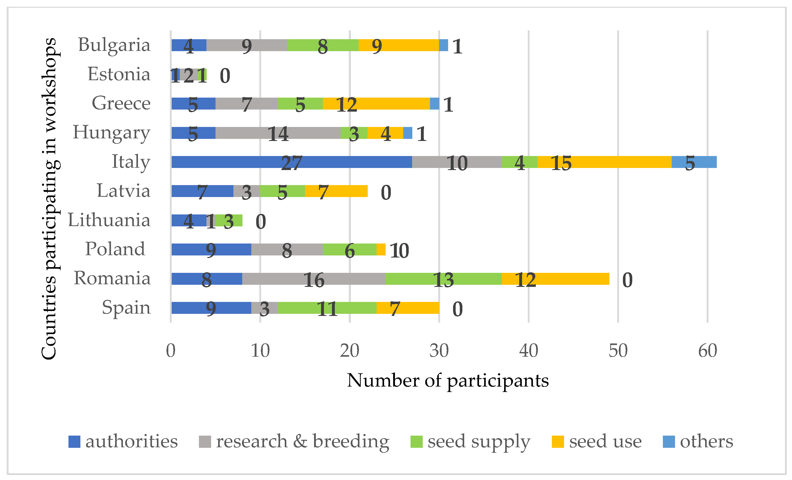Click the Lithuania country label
click(109, 220)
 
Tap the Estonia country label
click(119, 74)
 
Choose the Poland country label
click(115, 249)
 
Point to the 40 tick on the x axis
click(529, 351)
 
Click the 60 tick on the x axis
click(707, 351)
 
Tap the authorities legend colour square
click(74, 442)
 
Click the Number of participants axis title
click(448, 381)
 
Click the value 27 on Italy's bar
click(291, 163)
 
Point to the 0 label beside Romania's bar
click(627, 280)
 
